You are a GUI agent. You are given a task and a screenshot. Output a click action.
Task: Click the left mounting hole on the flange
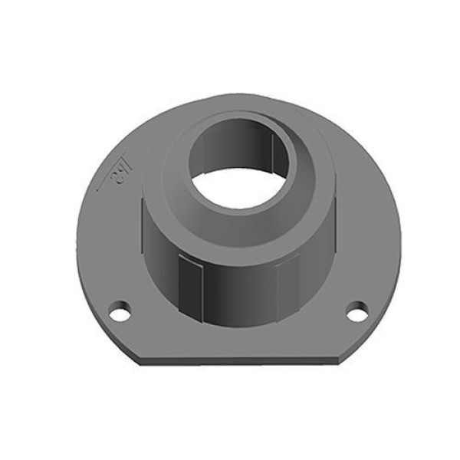(x=120, y=313)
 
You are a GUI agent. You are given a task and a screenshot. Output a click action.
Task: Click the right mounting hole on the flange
(x=356, y=312)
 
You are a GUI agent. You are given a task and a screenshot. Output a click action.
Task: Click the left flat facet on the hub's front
(x=190, y=287)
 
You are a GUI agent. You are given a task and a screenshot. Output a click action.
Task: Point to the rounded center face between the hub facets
(x=239, y=295)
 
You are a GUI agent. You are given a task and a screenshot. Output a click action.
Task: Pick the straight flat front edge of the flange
(x=238, y=358)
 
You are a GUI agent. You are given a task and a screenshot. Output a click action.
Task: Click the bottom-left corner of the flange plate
(x=138, y=356)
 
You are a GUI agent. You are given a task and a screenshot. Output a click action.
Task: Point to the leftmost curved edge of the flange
(x=77, y=230)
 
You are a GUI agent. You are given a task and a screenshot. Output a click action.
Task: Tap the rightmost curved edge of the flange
(x=401, y=230)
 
